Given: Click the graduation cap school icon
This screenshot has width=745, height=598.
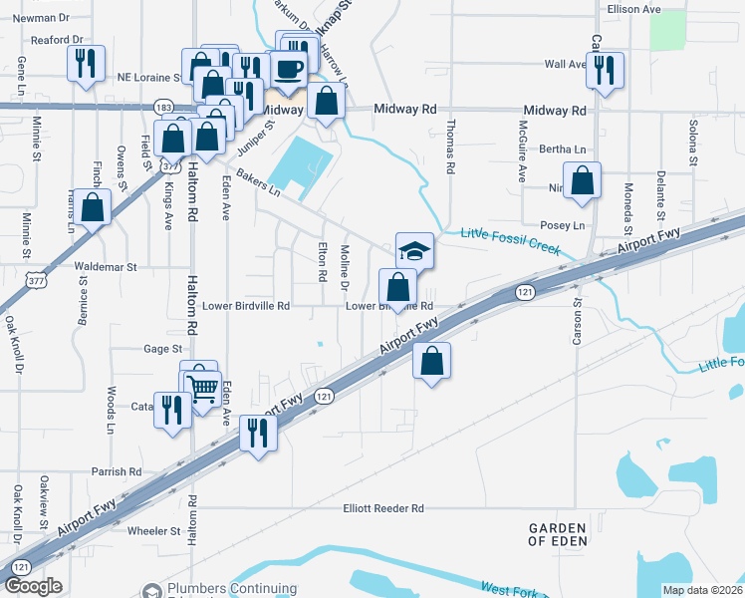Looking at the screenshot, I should click(x=415, y=251).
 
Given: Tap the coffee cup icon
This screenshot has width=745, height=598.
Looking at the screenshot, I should click(x=289, y=68).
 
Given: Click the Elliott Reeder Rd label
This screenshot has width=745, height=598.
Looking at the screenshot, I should click(x=383, y=508).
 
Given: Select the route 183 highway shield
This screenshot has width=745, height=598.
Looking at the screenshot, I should click(x=164, y=106).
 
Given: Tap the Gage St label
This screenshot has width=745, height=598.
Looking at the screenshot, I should click(x=163, y=349).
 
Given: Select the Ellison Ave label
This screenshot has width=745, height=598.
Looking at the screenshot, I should click(x=634, y=9).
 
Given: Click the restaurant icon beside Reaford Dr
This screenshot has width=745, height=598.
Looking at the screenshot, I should click(x=86, y=64).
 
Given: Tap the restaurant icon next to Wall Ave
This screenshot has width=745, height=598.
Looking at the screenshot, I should click(x=605, y=70).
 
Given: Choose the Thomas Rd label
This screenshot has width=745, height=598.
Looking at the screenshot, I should click(x=451, y=148).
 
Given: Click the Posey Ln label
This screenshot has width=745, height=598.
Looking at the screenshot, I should click(x=562, y=226).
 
